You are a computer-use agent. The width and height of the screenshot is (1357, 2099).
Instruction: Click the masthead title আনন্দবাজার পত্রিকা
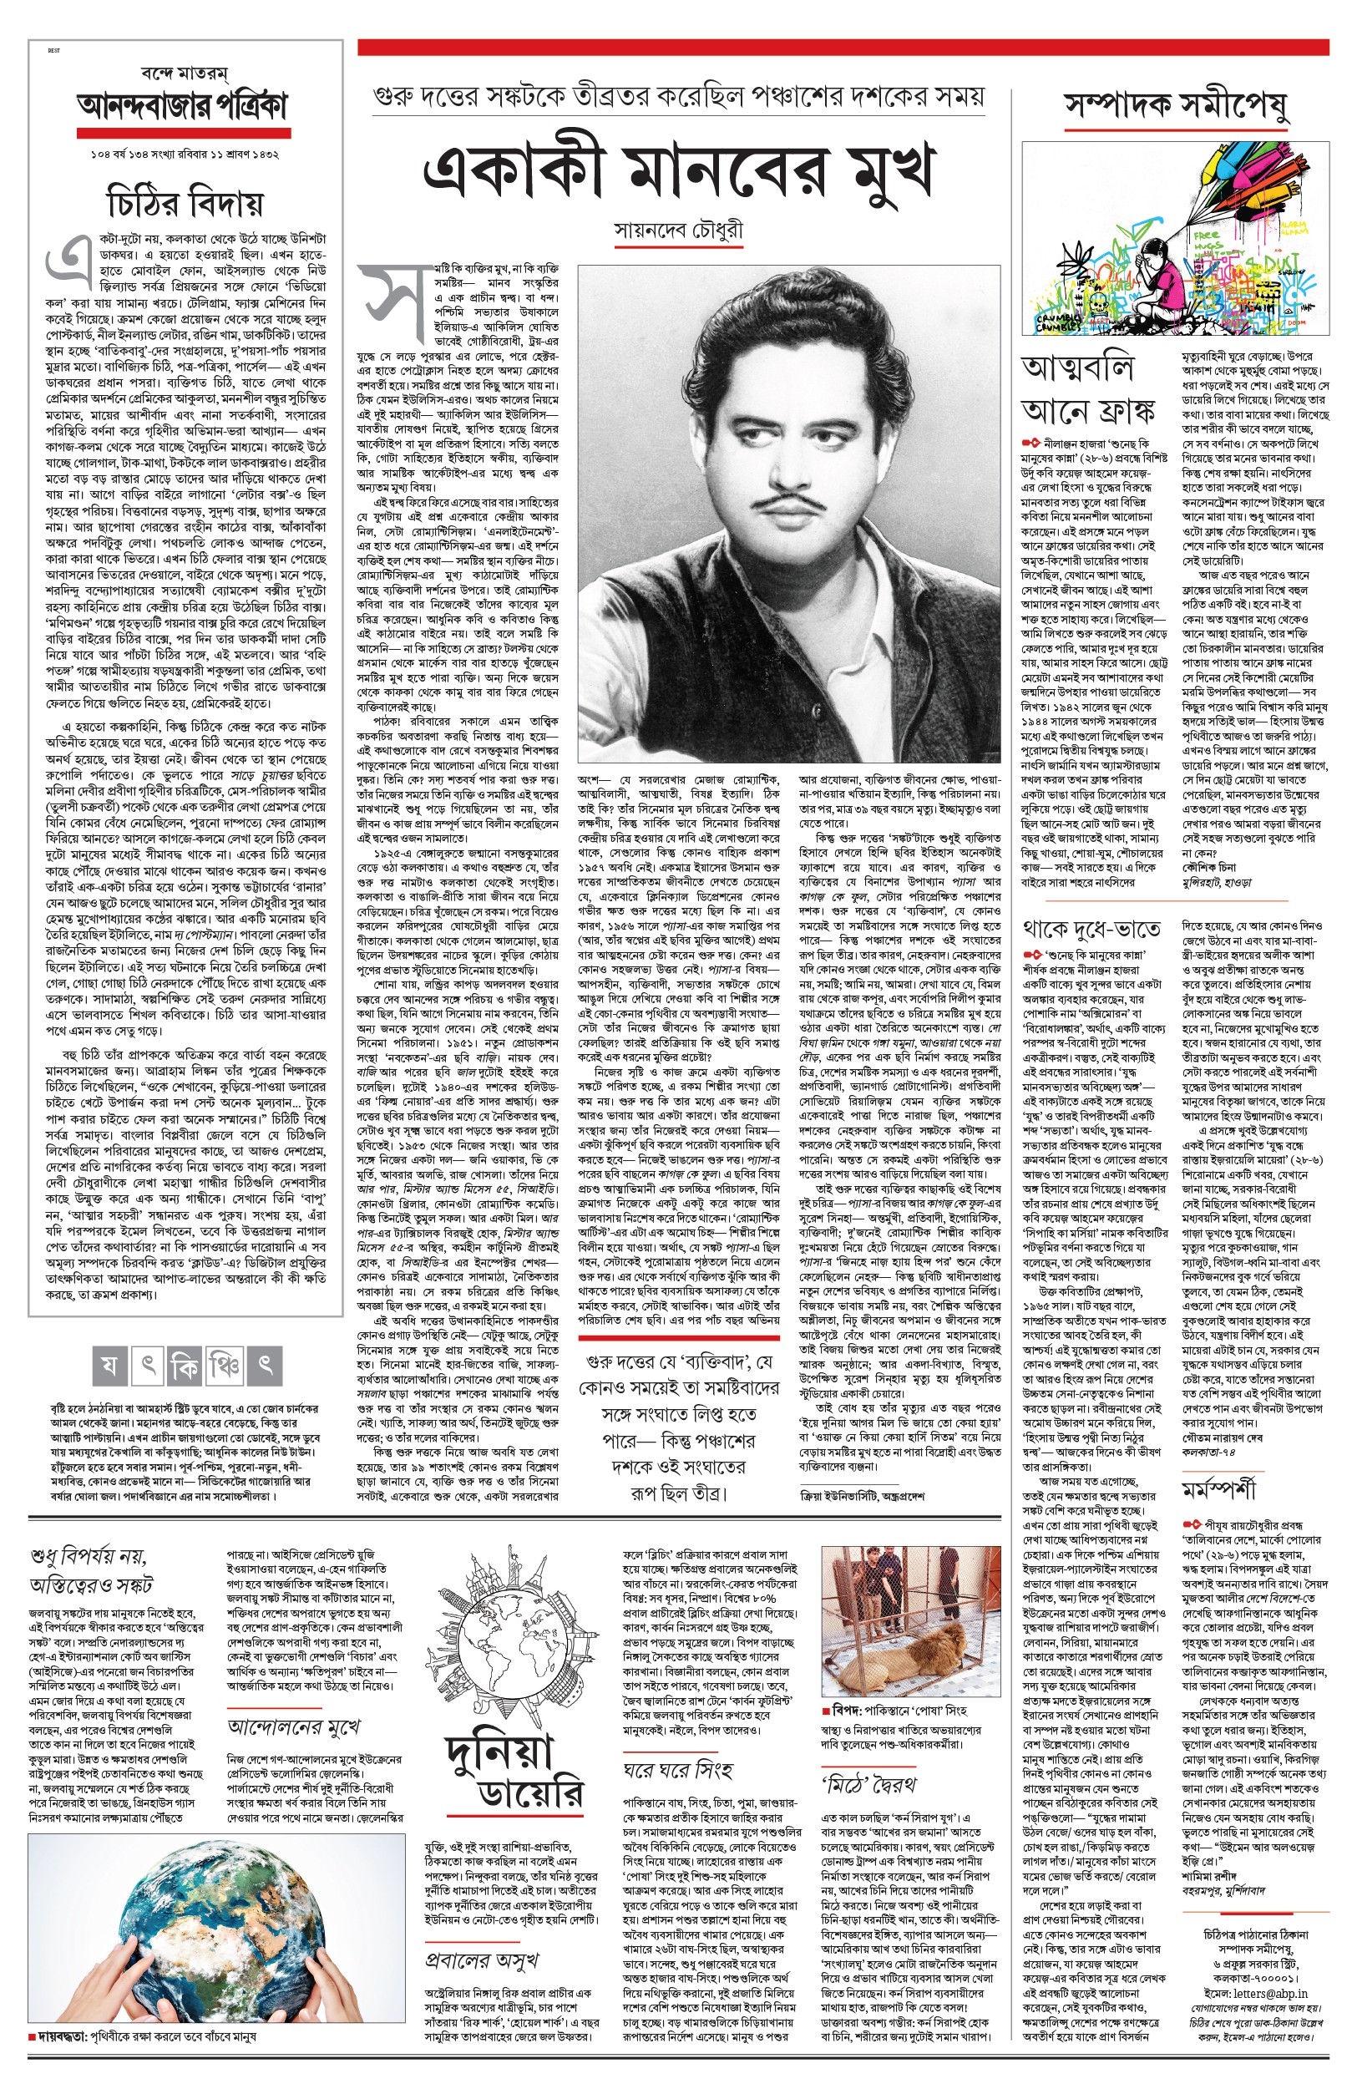coord(183,108)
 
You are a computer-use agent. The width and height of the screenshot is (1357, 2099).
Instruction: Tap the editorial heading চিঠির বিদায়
coord(185,203)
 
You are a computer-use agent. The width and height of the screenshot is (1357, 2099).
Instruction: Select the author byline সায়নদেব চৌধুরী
coord(678,231)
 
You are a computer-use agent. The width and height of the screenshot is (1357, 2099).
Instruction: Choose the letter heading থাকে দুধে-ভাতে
coord(1091,929)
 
